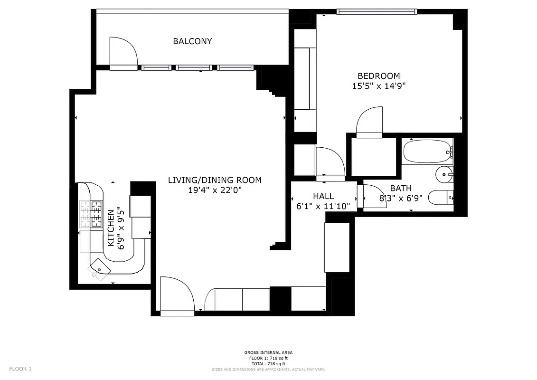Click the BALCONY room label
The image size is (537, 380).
tap(192, 41)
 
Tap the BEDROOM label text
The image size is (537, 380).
tap(378, 76)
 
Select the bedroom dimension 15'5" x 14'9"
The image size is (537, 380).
tap(378, 86)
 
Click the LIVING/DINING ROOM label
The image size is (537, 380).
tap(215, 180)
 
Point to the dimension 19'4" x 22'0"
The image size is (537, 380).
tap(215, 190)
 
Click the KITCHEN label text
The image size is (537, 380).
tap(111, 228)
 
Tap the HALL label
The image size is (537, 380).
tap(323, 196)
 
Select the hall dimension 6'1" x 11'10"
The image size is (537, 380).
tap(323, 206)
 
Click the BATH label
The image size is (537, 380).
tap(401, 189)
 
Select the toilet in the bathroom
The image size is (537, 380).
tap(441, 197)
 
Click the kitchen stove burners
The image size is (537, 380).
tap(91, 213)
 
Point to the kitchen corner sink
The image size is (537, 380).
tap(99, 267)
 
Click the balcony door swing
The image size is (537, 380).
tap(122, 52)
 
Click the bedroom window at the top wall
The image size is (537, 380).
tap(377, 11)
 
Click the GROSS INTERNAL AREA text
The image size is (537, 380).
tap(268, 352)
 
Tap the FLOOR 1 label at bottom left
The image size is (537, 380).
tap(20, 369)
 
